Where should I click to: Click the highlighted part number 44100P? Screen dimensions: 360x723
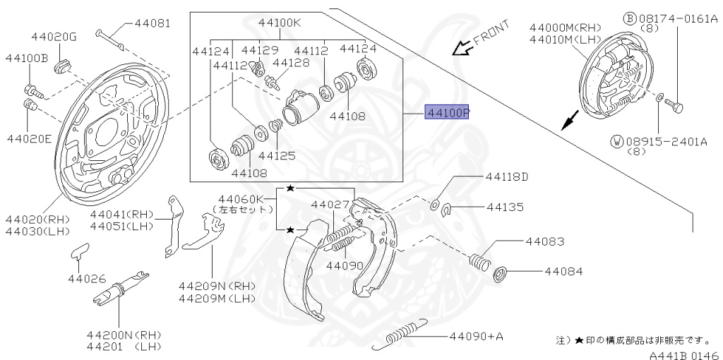pos(446,113)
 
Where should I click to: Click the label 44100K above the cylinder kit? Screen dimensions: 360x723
pos(279,23)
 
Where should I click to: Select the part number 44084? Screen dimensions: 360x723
pos(563,271)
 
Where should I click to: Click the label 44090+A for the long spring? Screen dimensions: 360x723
pos(476,337)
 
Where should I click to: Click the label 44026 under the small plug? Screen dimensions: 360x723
pos(85,278)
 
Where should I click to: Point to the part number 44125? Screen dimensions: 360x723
pos(276,155)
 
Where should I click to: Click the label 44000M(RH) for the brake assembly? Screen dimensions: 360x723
pos(561,28)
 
